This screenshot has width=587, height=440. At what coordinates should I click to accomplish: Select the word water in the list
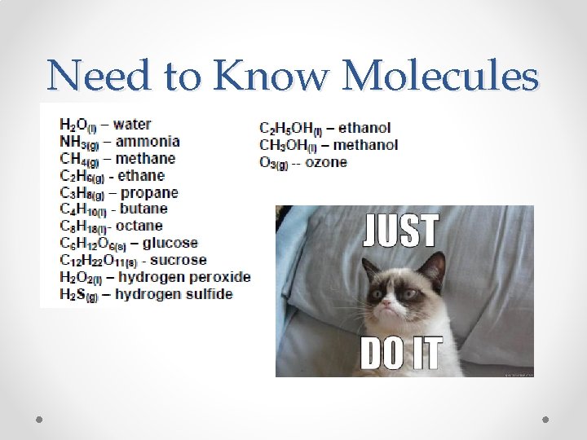(x=132, y=125)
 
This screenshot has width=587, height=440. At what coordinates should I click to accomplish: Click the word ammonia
(x=148, y=141)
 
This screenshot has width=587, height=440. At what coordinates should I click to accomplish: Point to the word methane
(x=145, y=158)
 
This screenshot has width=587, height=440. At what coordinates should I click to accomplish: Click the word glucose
(x=170, y=243)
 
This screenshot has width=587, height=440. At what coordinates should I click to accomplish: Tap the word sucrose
(x=179, y=260)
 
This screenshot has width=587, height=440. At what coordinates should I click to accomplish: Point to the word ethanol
(x=364, y=128)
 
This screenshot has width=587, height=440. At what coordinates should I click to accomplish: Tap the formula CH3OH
(x=284, y=145)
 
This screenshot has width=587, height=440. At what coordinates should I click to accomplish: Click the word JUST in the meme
(x=401, y=231)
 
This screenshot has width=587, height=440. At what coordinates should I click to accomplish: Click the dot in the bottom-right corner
(x=546, y=420)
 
